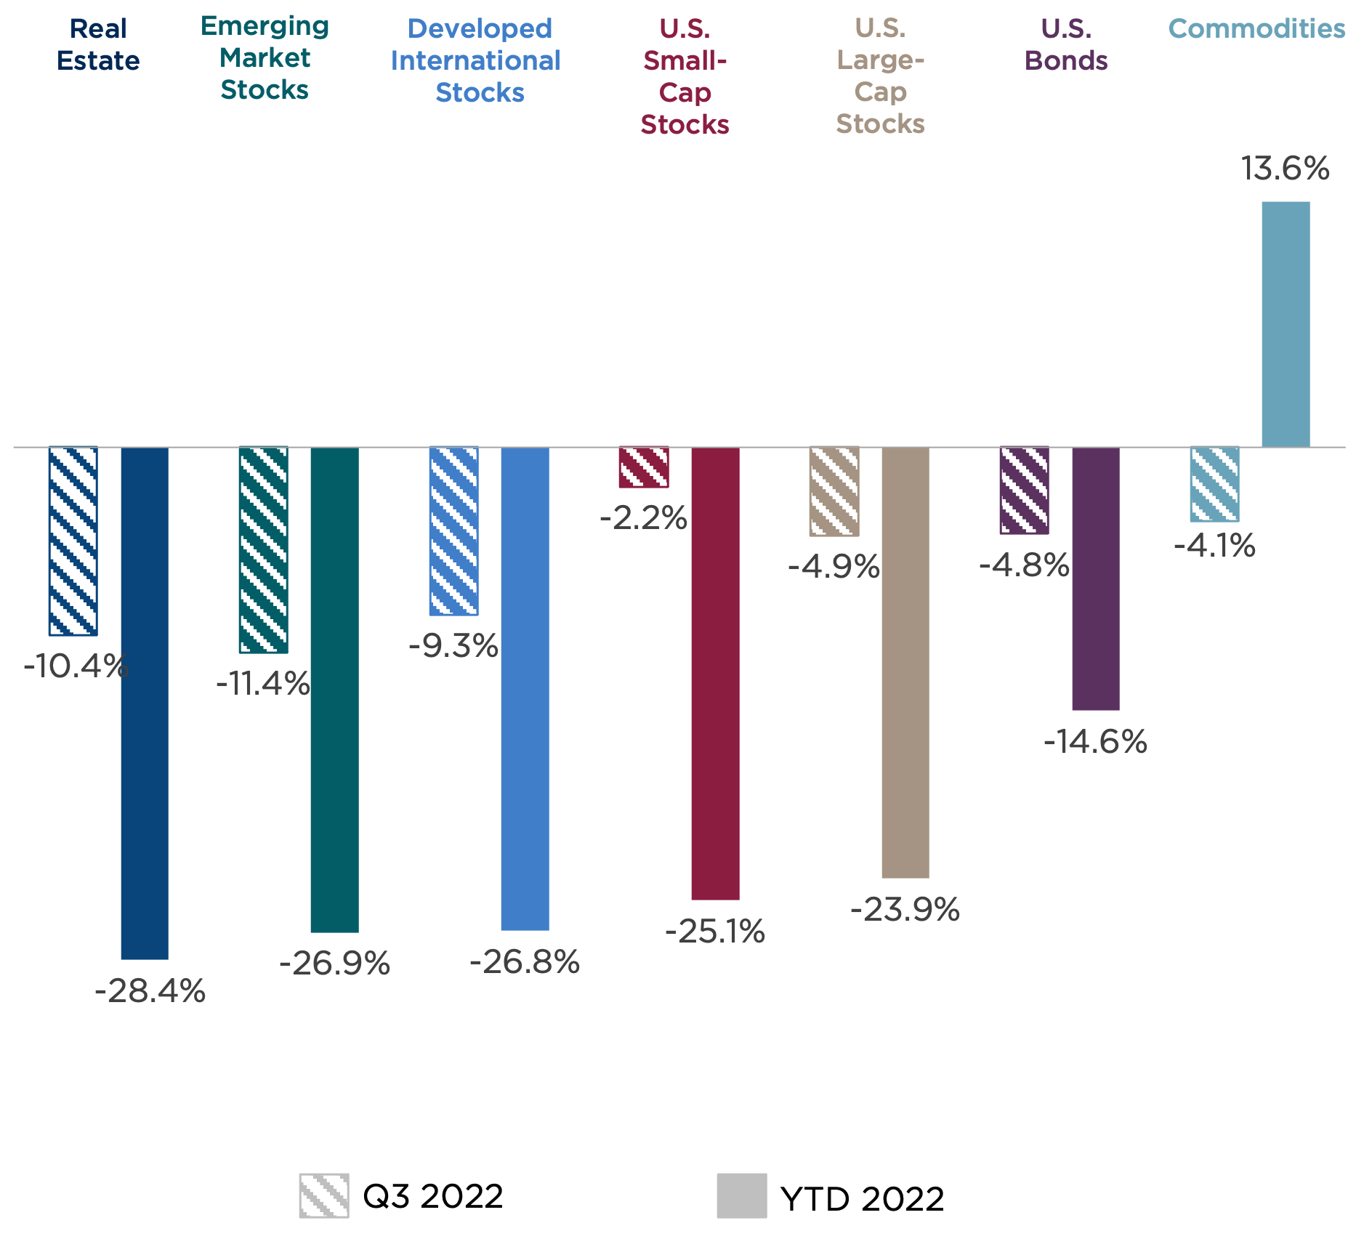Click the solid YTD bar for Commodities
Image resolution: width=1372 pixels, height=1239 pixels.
tap(1286, 324)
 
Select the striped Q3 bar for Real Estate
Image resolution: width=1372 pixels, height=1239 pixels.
tap(73, 541)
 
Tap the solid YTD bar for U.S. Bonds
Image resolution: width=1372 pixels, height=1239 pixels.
tap(1095, 578)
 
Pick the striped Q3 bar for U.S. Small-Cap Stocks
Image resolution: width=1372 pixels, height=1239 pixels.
tap(643, 467)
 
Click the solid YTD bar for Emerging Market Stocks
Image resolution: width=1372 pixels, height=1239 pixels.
tap(334, 690)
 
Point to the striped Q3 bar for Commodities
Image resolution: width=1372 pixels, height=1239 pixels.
tap(1214, 484)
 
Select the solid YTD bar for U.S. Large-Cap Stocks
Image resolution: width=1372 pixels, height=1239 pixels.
tap(905, 663)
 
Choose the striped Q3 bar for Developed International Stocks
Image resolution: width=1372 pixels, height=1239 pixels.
tap(453, 531)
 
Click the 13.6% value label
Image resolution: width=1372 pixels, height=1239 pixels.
tap(1285, 169)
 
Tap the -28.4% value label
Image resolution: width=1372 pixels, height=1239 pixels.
tap(150, 991)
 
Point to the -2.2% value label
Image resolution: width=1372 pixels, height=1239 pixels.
tap(643, 518)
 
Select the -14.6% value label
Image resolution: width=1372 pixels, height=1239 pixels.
tap(1095, 742)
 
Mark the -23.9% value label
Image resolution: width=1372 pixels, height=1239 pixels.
tap(905, 910)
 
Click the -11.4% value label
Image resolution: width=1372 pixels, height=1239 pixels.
tap(263, 684)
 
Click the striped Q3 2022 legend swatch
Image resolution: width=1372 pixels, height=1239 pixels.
tap(324, 1195)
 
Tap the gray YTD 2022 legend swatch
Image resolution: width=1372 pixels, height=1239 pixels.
tap(741, 1195)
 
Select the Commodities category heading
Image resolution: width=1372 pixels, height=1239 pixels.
tap(1256, 29)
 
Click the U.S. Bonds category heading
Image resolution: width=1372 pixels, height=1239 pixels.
tap(1066, 44)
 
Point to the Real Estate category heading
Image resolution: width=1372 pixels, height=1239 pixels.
tap(98, 44)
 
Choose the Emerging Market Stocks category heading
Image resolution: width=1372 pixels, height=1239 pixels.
tap(265, 58)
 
